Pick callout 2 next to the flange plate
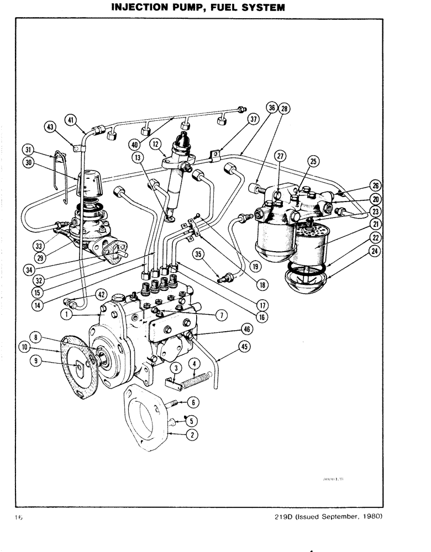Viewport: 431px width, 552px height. pyautogui.click(x=192, y=434)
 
